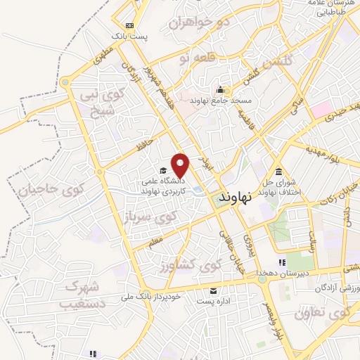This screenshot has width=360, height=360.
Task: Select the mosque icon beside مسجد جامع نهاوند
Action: [220, 90]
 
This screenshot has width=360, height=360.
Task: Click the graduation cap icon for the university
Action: [163, 170]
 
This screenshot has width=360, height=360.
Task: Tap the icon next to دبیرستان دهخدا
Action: [281, 263]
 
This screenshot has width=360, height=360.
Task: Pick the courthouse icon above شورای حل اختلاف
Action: [280, 172]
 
